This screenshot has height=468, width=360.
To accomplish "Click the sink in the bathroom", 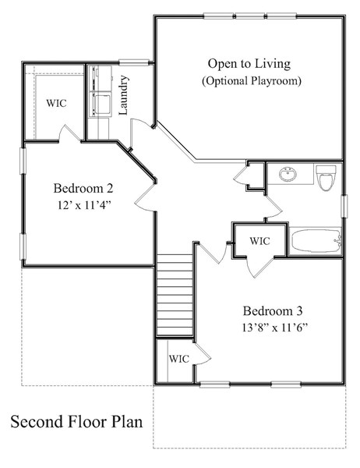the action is point(288,174).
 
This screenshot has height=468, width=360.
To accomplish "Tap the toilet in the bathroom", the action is point(326,178).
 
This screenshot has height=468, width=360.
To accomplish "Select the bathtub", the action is point(316,240).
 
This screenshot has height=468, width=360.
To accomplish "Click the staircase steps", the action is point(175,295).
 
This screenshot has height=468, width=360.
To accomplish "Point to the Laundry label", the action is point(123,95).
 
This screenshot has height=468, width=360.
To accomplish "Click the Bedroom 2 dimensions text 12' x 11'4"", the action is point(84,205).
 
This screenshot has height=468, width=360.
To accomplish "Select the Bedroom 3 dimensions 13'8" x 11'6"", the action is point(274,328).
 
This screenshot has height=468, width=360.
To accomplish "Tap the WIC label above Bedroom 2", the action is point(56,103).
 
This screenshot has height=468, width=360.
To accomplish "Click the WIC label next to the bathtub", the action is point(259,241).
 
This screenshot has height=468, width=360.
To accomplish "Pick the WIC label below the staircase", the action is point(179,359).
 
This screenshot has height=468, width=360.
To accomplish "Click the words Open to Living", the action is point(249,64).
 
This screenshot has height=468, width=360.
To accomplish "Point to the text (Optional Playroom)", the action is point(252,81).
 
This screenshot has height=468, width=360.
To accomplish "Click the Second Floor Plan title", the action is point(76,422).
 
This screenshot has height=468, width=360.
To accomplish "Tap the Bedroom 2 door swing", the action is point(146,197).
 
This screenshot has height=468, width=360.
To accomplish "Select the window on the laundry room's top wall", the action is point(134,62).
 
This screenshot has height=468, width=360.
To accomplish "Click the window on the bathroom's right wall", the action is point(344,206).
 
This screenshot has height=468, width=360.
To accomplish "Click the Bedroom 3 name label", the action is point(273,311).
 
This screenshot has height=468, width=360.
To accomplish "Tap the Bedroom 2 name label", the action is point(83,188).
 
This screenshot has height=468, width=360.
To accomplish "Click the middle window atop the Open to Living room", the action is point(250,16).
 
